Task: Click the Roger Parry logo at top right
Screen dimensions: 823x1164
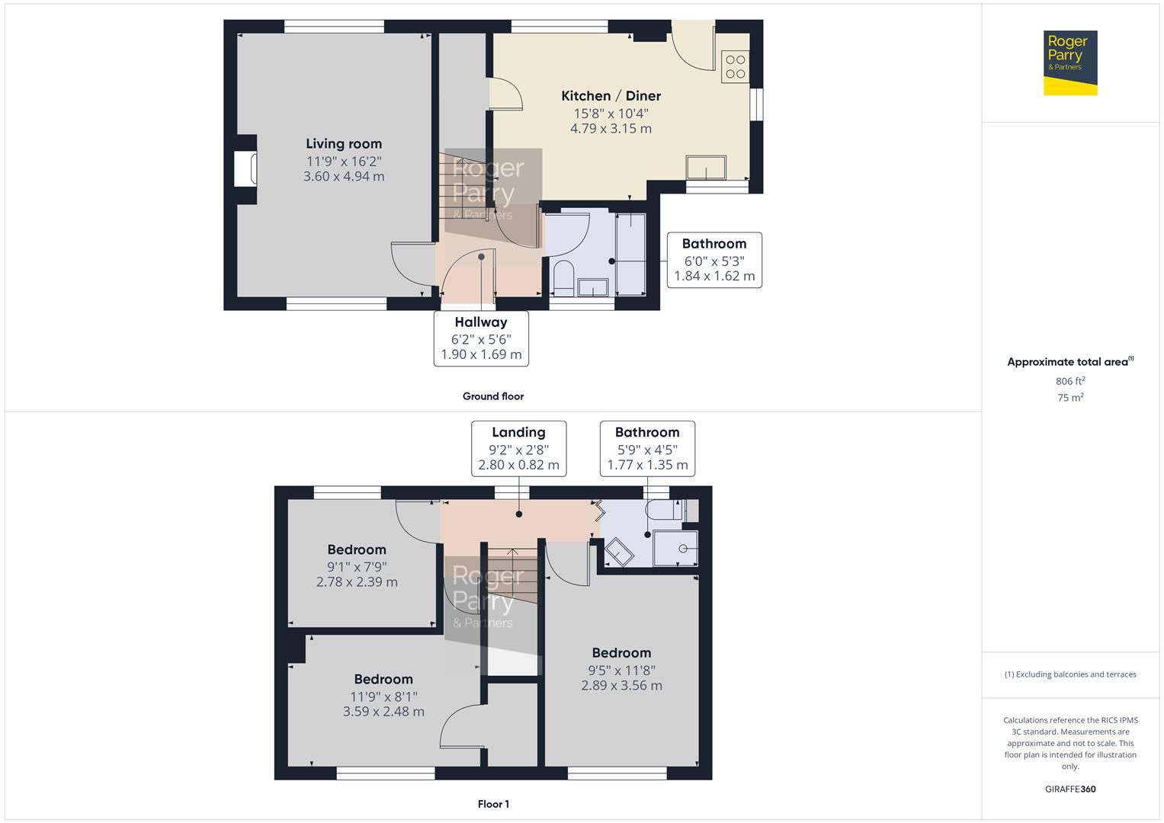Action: (x=1069, y=62)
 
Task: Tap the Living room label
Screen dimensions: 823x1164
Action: (x=344, y=144)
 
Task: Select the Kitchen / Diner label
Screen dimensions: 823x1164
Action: (x=611, y=96)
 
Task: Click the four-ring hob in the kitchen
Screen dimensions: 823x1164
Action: (x=736, y=67)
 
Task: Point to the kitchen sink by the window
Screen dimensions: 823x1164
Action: (x=706, y=167)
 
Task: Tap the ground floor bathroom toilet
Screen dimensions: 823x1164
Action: (x=563, y=278)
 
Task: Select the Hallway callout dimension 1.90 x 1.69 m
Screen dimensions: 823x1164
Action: (x=481, y=354)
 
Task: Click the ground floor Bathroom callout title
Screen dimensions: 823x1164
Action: (x=713, y=244)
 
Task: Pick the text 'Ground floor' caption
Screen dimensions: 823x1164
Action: (x=492, y=396)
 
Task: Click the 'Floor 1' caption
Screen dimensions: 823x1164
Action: (x=492, y=804)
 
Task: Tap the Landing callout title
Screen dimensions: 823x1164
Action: (x=518, y=432)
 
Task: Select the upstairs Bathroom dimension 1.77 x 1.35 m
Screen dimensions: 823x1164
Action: (x=647, y=465)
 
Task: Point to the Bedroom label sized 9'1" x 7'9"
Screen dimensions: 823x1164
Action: (x=357, y=549)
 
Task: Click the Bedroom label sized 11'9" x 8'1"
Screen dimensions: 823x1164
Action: (x=383, y=679)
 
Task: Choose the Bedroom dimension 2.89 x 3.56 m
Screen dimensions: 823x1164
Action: (x=621, y=686)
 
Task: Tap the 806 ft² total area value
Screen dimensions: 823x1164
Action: (x=1070, y=381)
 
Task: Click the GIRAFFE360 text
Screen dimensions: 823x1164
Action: (x=1070, y=789)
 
